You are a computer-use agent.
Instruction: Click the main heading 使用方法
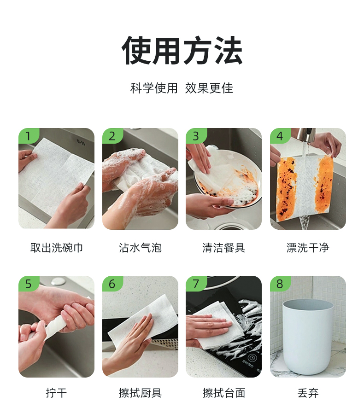[182, 51]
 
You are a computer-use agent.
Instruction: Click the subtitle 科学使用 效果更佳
[182, 88]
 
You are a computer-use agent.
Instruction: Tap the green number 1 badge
[29, 136]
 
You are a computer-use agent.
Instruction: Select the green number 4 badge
[280, 136]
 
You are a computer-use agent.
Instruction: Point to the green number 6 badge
[112, 284]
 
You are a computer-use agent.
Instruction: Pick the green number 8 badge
[280, 284]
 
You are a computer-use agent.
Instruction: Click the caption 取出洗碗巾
[56, 248]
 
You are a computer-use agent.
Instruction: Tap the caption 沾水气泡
[140, 248]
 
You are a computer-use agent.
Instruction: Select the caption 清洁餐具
[224, 248]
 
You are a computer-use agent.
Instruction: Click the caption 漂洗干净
[308, 248]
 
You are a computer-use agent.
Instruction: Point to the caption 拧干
[56, 393]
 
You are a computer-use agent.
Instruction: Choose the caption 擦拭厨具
[140, 393]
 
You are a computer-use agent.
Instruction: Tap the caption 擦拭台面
[224, 393]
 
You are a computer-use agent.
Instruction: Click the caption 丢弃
[308, 393]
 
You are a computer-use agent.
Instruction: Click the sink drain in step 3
[229, 227]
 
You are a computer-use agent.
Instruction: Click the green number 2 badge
[112, 136]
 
